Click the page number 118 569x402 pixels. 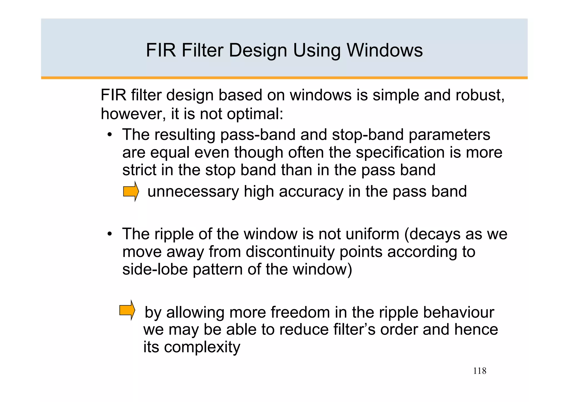point(480,371)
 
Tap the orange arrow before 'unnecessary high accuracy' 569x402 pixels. point(131,191)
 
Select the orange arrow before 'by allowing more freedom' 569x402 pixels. point(127,310)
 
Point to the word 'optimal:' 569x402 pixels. point(255,114)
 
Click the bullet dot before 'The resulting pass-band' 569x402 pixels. point(110,135)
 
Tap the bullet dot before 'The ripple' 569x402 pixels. point(110,234)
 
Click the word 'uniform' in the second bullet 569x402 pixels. point(372,234)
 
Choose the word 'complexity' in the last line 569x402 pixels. point(202,347)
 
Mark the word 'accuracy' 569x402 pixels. point(311,192)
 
